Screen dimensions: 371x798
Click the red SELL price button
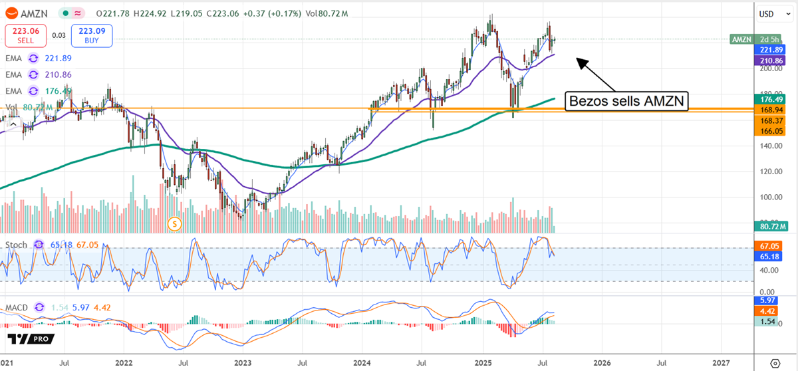tap(25, 35)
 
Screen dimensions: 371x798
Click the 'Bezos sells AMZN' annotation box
tap(626, 101)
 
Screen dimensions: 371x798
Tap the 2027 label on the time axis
tap(722, 363)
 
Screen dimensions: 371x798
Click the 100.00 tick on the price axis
tap(771, 197)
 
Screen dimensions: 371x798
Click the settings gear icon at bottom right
tap(774, 363)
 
